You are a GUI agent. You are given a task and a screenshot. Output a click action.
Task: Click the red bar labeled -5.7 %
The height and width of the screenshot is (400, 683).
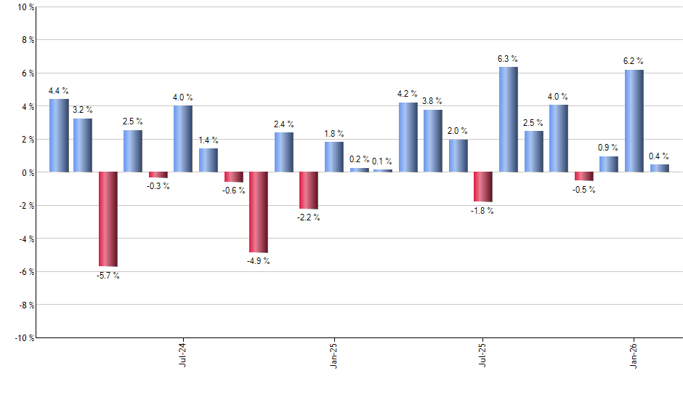tap(108, 219)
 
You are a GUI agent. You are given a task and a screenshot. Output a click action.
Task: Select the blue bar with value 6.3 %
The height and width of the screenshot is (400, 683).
tap(509, 120)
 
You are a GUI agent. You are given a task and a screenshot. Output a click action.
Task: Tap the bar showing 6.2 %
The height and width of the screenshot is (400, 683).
tap(634, 121)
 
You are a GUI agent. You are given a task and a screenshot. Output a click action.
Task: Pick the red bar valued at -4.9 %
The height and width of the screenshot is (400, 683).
tap(259, 212)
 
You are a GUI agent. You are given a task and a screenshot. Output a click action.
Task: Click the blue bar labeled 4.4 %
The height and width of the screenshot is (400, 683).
tap(59, 136)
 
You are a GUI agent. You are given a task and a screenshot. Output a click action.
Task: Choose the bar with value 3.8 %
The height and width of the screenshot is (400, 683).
tap(433, 141)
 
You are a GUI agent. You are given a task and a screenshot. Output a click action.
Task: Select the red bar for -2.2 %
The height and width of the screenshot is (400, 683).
tap(309, 191)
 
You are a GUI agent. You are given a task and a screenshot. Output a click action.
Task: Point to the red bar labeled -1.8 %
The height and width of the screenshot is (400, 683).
tap(483, 187)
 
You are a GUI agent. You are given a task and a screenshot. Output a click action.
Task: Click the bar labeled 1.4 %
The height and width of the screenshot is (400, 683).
tap(209, 160)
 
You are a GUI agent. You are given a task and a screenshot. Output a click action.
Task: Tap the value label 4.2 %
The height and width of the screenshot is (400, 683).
tap(408, 94)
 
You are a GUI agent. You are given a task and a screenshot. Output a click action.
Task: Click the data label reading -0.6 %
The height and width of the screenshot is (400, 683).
tap(234, 191)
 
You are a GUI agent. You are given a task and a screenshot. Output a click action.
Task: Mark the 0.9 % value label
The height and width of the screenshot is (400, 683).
tap(609, 148)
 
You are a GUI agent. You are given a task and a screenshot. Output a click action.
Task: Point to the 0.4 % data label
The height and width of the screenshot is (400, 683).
tap(659, 156)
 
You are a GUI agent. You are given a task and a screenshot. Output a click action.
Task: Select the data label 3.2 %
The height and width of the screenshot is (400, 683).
tap(83, 110)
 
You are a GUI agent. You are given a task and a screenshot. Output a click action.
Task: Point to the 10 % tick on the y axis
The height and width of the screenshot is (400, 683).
tap(24, 7)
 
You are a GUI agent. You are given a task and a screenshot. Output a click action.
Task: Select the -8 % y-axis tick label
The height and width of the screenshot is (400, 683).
tap(24, 305)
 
